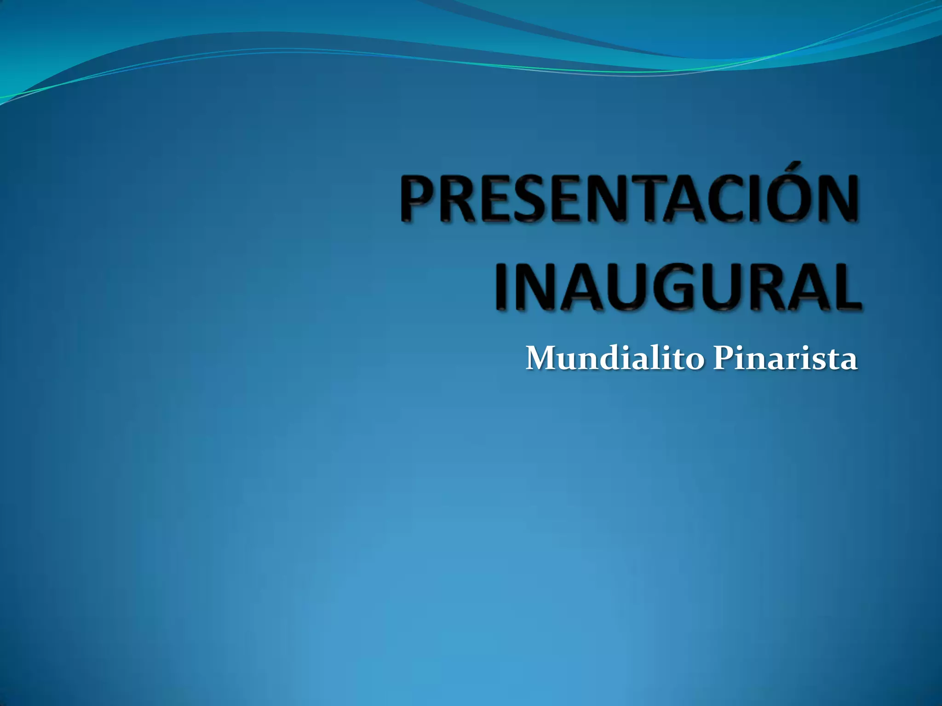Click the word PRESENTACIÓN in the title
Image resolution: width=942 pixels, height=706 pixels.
pos(629,199)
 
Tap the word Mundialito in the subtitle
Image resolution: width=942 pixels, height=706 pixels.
pos(615,359)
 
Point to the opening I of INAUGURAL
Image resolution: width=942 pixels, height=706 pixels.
pos(502,286)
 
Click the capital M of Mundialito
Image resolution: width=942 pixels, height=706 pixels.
pos(542,359)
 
